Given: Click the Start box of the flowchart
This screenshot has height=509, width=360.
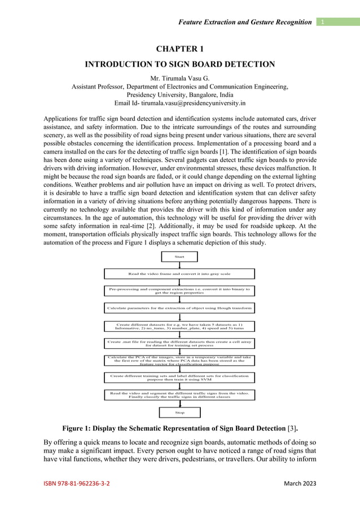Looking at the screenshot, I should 179,257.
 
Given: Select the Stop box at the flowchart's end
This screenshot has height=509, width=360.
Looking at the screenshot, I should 179,413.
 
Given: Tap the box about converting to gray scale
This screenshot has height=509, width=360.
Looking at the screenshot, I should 179,274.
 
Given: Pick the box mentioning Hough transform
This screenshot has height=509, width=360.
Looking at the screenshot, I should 179,308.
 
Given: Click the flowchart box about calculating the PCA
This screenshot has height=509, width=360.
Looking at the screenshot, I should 179,360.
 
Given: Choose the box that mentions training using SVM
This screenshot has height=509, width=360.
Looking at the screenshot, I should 179,377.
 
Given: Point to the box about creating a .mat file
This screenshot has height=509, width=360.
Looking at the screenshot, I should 179,344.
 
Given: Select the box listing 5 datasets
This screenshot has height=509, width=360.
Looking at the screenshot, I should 179,326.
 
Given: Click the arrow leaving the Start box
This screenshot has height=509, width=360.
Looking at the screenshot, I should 179,265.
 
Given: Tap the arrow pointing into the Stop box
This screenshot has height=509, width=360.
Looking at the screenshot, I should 179,403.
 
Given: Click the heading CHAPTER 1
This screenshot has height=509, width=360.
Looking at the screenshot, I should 179,50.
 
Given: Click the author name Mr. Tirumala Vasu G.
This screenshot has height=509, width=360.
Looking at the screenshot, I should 179,77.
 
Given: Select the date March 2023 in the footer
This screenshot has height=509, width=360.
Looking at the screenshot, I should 300,484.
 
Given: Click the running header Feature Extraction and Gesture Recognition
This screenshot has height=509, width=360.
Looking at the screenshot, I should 244,22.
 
